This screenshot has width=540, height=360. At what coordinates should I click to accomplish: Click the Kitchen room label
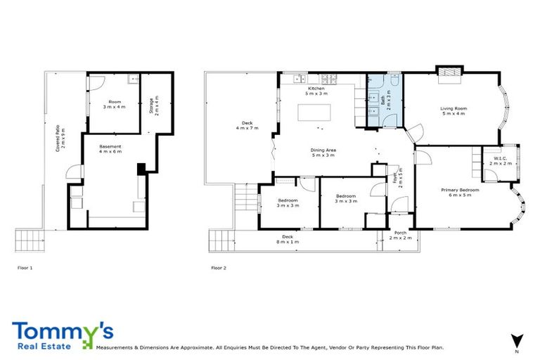[x=316, y=91]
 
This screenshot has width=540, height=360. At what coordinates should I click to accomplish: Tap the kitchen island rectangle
[x=314, y=113]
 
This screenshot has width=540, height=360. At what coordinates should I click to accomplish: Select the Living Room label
[x=454, y=111]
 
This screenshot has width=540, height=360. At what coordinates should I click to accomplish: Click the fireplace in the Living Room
[x=449, y=71]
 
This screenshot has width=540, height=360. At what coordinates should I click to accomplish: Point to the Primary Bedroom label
[x=460, y=193]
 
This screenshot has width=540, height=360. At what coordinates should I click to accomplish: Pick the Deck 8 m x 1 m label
[x=287, y=238]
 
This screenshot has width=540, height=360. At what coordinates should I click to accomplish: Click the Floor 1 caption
[x=25, y=268]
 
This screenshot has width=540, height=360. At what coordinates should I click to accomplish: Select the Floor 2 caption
[x=219, y=268]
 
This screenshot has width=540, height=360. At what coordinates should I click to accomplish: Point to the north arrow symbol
[x=517, y=340]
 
